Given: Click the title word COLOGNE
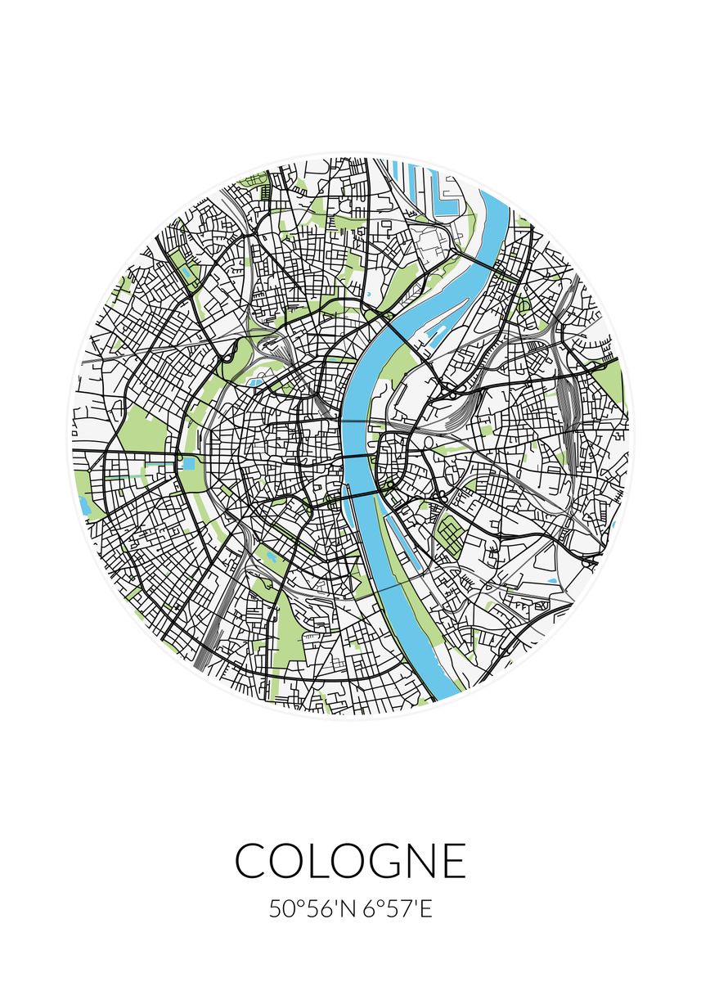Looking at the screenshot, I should pos(350,860).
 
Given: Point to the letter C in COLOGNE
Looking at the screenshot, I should pos(251,860).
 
